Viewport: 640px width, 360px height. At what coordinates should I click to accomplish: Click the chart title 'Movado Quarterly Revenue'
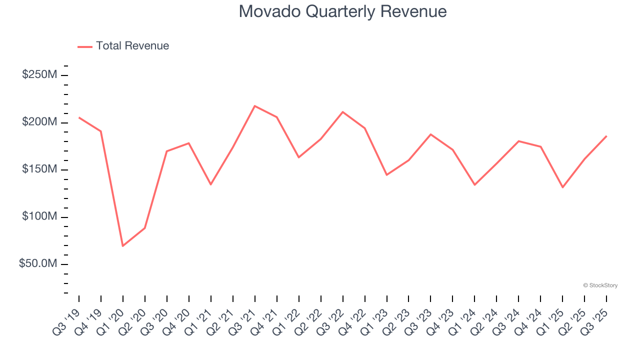[x=342, y=11]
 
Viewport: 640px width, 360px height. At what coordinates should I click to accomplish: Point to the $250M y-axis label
[x=39, y=75]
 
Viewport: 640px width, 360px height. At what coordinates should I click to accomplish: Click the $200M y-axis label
[x=39, y=122]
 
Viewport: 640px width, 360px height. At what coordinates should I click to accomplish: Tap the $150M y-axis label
[x=39, y=169]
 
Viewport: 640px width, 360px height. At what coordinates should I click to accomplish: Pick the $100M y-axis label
[x=39, y=216]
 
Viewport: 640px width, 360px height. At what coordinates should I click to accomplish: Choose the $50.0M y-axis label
[x=38, y=263]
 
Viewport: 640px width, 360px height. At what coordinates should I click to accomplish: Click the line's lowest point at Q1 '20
[x=122, y=246]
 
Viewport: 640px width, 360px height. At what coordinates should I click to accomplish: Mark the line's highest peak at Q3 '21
[x=254, y=106]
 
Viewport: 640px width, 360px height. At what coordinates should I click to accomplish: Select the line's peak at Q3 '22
[x=342, y=112]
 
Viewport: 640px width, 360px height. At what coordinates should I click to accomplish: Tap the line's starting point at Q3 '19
[x=79, y=117]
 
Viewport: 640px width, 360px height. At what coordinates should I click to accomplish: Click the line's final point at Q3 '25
[x=606, y=136]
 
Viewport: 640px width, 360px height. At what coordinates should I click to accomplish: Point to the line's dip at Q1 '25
[x=562, y=187]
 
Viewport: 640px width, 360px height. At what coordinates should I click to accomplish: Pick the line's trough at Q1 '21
[x=210, y=184]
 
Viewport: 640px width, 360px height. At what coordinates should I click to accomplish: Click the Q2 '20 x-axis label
[x=135, y=320]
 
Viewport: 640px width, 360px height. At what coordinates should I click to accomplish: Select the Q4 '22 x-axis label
[x=355, y=320]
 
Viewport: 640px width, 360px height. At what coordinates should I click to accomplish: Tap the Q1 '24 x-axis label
[x=465, y=320]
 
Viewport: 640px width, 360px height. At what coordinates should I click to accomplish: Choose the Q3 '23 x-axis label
[x=421, y=320]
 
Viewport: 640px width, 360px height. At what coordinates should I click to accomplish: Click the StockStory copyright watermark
[x=600, y=285]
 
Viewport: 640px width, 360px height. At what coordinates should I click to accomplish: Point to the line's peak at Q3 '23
[x=430, y=134]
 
